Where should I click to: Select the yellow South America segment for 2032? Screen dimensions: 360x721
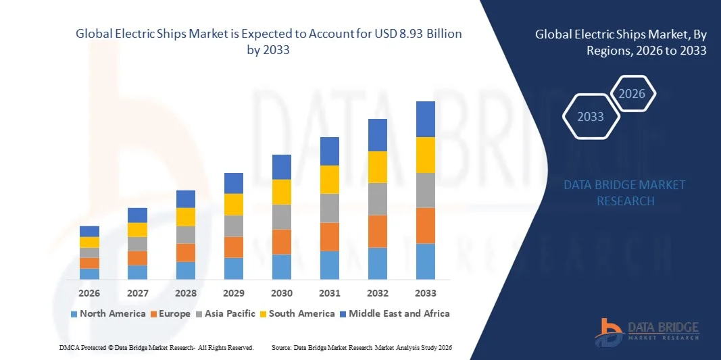tap(377, 167)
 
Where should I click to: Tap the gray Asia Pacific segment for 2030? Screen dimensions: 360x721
tap(282, 217)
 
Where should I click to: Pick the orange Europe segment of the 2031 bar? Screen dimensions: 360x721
tap(330, 236)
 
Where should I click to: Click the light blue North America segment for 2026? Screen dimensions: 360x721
tap(89, 274)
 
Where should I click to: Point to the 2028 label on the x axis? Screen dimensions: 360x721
tap(185, 293)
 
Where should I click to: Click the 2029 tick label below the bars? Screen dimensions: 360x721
tap(234, 293)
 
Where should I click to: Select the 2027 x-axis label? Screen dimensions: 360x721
tap(137, 293)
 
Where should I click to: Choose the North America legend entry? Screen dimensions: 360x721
tap(108, 313)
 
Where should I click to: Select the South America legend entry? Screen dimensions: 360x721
tap(297, 313)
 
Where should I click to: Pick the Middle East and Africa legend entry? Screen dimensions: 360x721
tap(395, 313)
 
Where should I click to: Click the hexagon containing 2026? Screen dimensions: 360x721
tap(632, 94)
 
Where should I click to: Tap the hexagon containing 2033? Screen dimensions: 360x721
tap(591, 117)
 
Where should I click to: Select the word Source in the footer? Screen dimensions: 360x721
tap(281, 347)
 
